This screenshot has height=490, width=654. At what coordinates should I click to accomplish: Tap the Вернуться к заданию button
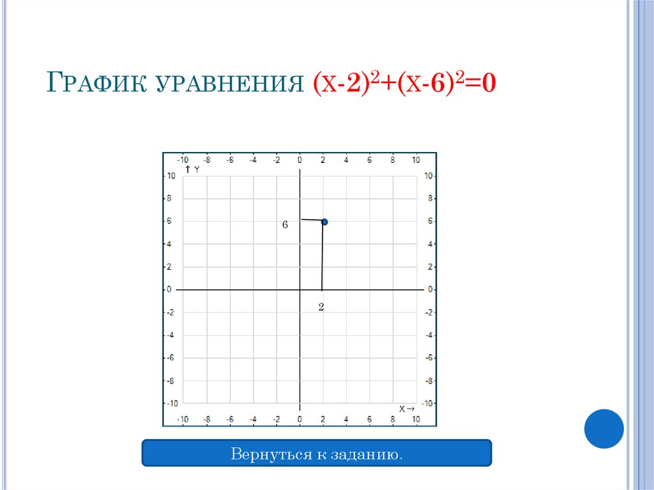pos(316,456)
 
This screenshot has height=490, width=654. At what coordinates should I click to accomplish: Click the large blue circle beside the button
pos(604,429)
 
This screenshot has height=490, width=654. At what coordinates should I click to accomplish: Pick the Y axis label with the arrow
pos(192,169)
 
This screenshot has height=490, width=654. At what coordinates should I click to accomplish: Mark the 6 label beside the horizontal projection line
pos(285,225)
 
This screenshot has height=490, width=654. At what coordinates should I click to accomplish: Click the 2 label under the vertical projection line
pos(321,307)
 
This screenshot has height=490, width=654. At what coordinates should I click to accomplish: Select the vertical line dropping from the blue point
pos(322,256)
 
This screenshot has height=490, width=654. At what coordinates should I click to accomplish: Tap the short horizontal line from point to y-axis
pos(311,220)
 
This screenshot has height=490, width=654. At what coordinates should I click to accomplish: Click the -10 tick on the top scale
pos(183,160)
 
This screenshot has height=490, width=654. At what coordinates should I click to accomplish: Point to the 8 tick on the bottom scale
pos(392,419)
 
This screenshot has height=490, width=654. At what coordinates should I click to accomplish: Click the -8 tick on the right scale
pos(429,381)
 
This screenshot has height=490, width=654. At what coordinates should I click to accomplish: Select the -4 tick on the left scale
pos(170,335)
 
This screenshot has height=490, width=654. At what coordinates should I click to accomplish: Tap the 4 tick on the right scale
pos(430,244)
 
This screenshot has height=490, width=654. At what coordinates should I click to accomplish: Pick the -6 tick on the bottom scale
pos(229,419)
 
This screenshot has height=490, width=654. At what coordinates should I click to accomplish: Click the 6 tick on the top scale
pos(369,160)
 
